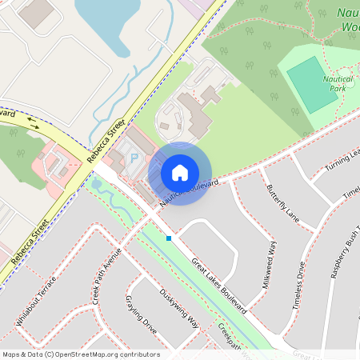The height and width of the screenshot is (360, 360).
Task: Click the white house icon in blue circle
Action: coord(180,173)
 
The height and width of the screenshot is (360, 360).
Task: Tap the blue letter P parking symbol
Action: coord(134,158)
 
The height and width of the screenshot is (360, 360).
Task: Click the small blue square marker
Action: coord(169,238)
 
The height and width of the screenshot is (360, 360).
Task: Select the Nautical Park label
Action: coord(339,84)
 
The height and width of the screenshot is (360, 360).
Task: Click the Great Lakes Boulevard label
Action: coord(217,283)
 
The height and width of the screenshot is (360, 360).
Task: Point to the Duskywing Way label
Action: coord(179,309)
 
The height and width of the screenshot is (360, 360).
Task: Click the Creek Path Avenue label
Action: coord(106,275)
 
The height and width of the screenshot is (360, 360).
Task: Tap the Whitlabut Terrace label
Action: coord(37,301)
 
